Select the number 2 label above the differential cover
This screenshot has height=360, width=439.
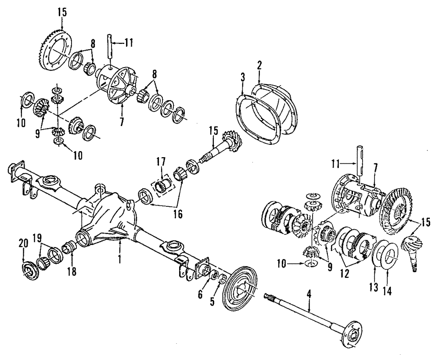[x=259, y=66]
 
